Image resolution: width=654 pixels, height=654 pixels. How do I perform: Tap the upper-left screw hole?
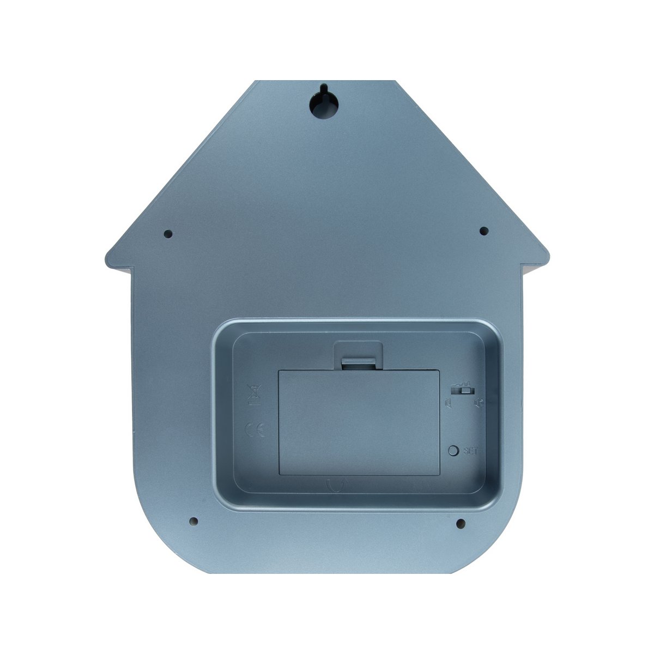(168, 234)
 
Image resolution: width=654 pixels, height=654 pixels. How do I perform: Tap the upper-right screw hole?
(483, 231)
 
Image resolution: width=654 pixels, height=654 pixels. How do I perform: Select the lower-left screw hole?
(193, 521)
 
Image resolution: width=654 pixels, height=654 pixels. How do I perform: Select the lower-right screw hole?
(460, 524)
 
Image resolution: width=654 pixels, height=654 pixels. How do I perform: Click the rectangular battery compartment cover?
(359, 420)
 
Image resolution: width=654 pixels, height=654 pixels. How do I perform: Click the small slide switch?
(463, 390)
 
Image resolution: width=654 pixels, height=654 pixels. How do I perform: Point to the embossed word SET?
(470, 451)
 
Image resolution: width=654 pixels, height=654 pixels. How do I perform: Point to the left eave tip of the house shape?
(107, 256)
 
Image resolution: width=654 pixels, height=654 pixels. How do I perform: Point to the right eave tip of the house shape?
(548, 256)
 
